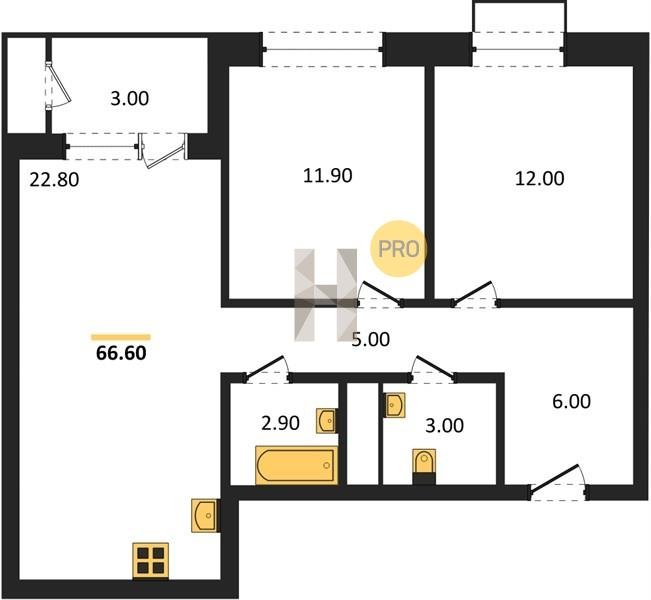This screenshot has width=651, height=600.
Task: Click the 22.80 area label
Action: tap(54, 180)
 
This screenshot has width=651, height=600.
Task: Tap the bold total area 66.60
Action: tap(121, 353)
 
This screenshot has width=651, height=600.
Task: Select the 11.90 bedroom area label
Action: tap(328, 176)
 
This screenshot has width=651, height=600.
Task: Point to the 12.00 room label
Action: tap(539, 179)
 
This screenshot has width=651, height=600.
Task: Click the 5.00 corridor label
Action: tap(371, 340)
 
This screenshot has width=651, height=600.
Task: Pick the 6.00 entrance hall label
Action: tap(571, 402)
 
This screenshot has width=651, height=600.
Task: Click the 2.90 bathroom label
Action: tap(280, 424)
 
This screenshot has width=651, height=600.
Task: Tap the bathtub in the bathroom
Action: tap(296, 465)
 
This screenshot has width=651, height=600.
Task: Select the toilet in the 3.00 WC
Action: tap(424, 466)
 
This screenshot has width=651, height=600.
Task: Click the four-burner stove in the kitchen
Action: tap(151, 561)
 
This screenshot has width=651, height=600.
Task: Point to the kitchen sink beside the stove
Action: tap(205, 515)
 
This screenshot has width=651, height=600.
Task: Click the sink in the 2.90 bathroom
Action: tap(326, 421)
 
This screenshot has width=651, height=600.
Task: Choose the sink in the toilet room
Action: tap(394, 405)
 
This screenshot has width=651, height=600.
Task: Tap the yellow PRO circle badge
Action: tap(399, 249)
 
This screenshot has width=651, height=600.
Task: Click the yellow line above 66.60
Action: tap(121, 337)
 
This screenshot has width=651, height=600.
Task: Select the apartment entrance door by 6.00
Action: tap(558, 482)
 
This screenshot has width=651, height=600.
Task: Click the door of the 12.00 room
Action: tap(475, 295)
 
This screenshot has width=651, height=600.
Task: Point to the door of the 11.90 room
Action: tap(380, 295)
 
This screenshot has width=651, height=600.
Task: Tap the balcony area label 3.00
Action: tap(130, 99)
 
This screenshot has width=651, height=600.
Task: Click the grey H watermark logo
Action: tap(326, 295)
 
